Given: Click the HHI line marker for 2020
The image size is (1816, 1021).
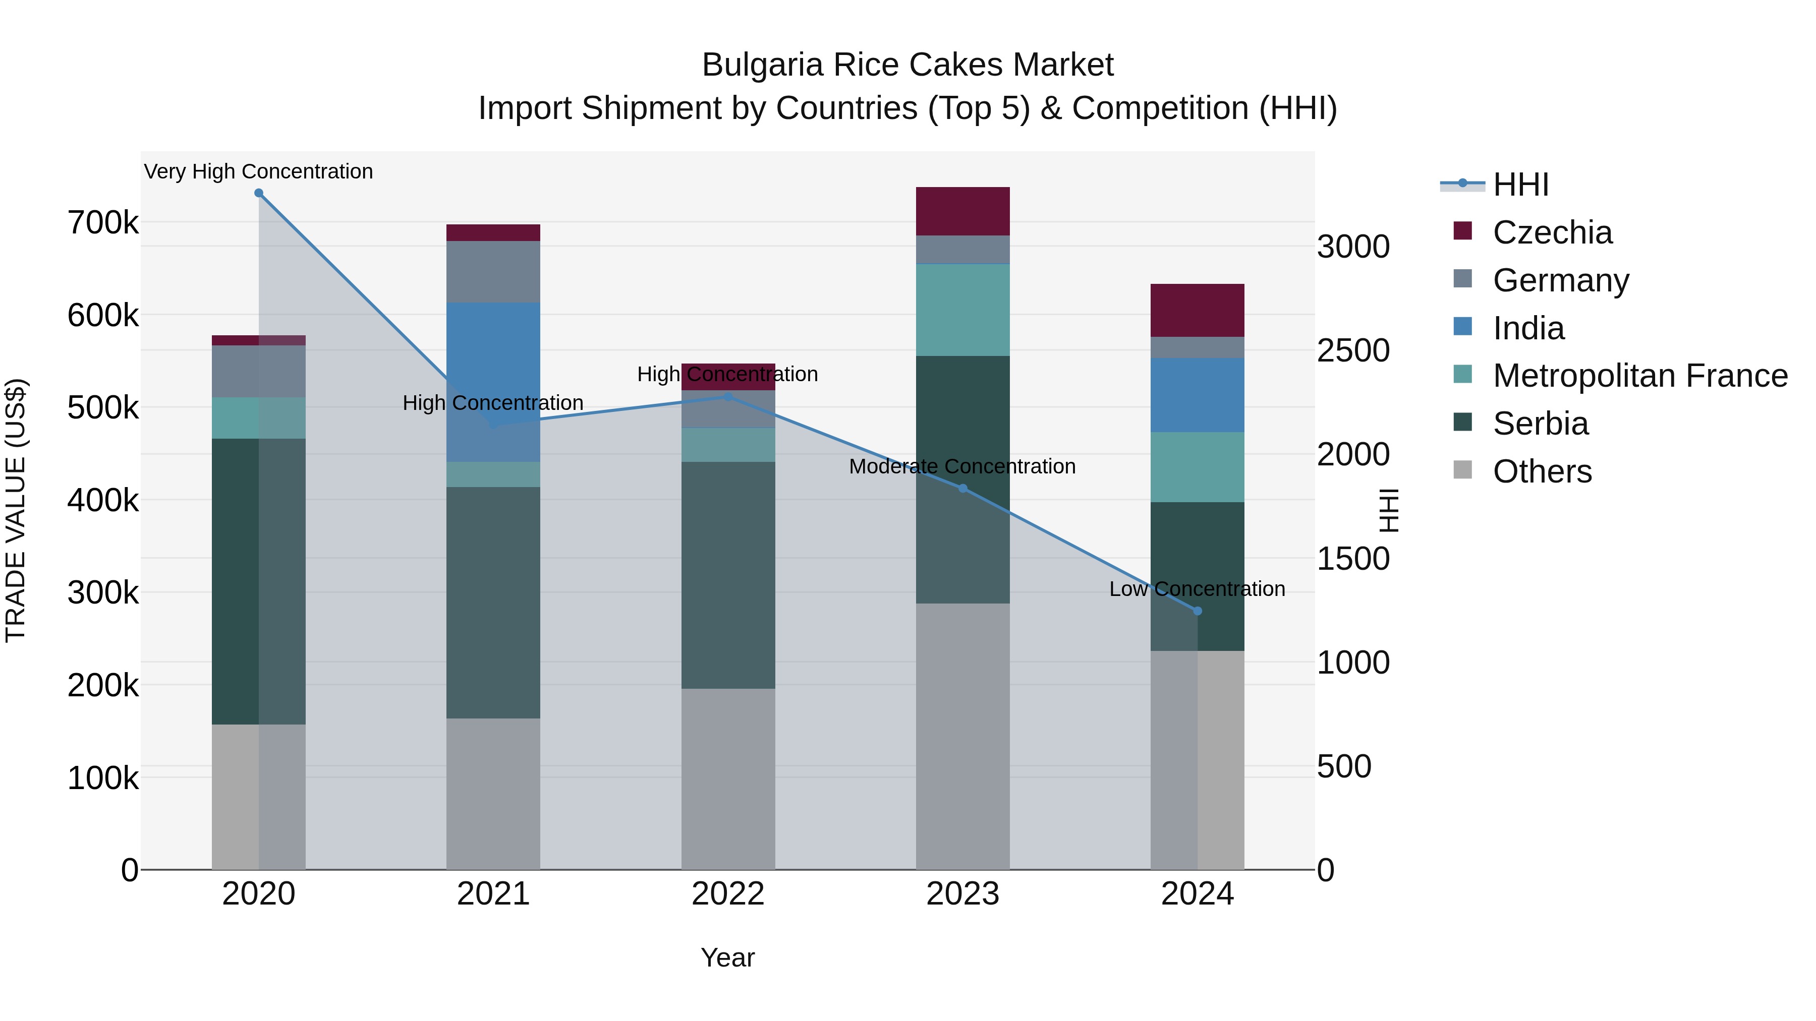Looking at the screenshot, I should (259, 193).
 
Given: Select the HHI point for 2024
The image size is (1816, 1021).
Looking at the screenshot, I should (1197, 611).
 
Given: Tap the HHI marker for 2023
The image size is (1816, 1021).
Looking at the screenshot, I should (963, 488).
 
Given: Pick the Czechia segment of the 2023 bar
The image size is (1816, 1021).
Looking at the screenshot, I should (963, 211).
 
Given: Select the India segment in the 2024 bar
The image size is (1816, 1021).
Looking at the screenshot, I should (1197, 395).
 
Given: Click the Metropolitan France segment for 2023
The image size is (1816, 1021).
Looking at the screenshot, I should (963, 310).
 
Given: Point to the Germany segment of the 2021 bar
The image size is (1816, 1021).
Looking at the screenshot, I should (493, 271).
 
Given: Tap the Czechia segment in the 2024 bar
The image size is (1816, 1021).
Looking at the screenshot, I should (1197, 310).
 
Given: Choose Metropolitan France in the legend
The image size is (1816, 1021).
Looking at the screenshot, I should (1639, 376).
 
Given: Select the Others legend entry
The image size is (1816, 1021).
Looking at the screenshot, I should (1541, 471).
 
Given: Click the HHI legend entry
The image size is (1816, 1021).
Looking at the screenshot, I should (1520, 185).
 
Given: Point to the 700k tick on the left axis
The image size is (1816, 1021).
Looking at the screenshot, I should (103, 223).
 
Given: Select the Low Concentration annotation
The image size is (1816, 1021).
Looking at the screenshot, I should (1197, 589).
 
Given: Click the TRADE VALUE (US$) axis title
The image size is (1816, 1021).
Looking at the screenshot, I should (16, 510).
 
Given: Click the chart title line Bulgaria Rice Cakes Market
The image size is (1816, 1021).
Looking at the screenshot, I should (907, 65).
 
